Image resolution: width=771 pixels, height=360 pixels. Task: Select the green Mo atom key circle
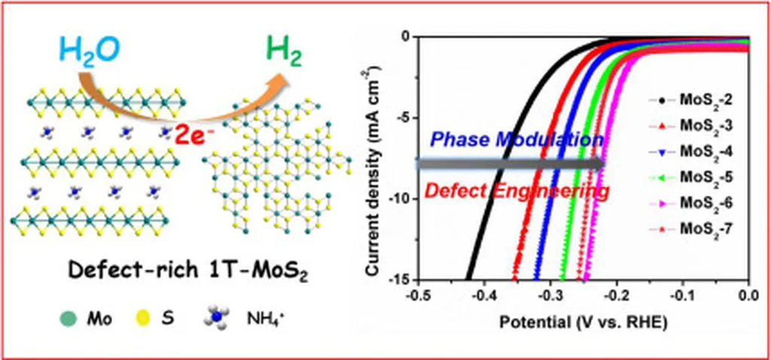tap(68, 319)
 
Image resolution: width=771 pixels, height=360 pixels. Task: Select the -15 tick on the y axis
tap(398, 279)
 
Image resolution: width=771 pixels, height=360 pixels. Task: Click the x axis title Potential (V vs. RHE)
tap(583, 322)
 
